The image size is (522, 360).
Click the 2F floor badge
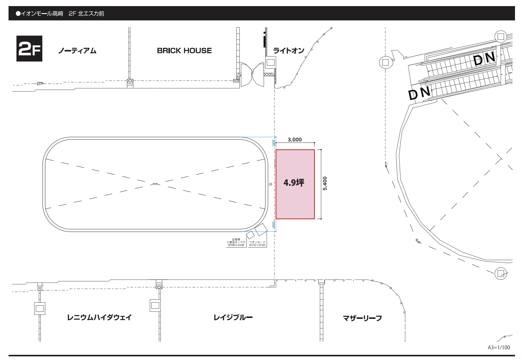[29, 49]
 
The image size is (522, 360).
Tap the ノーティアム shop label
[77, 51]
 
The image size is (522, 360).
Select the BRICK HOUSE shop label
[184, 51]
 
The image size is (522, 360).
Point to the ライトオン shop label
[289, 51]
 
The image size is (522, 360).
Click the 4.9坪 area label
[294, 182]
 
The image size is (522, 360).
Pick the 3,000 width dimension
[295, 139]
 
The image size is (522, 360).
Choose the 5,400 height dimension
[325, 183]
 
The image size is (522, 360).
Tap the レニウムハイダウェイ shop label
[99, 317]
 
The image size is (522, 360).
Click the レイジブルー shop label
[233, 317]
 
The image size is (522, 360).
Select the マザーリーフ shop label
[362, 318]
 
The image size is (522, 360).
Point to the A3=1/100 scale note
[499, 348]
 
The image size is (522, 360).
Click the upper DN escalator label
[484, 58]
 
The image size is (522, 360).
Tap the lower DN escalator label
[419, 93]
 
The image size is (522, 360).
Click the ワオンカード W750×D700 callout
[257, 244]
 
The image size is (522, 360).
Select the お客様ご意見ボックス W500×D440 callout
[236, 242]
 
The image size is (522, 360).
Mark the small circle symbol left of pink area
[270, 184]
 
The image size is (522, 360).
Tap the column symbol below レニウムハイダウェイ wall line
[40, 308]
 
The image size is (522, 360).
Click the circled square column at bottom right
[501, 273]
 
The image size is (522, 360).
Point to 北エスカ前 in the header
[91, 13]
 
